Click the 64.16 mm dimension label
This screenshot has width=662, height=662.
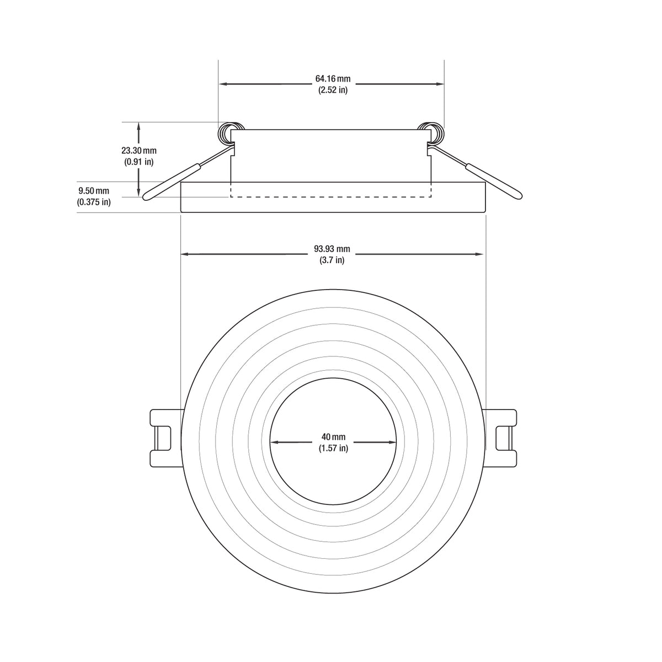point(333,79)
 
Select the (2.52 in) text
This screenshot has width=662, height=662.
point(333,90)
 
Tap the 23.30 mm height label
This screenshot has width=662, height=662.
point(139,151)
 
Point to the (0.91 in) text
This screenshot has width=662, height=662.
point(139,162)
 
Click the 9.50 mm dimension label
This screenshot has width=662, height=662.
point(94,191)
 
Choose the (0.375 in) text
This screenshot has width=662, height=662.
point(94,202)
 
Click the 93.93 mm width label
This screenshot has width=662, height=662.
point(333,249)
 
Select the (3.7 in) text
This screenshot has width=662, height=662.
point(333,260)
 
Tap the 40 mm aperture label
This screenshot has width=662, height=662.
point(333,437)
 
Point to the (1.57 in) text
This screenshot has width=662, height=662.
point(333,448)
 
